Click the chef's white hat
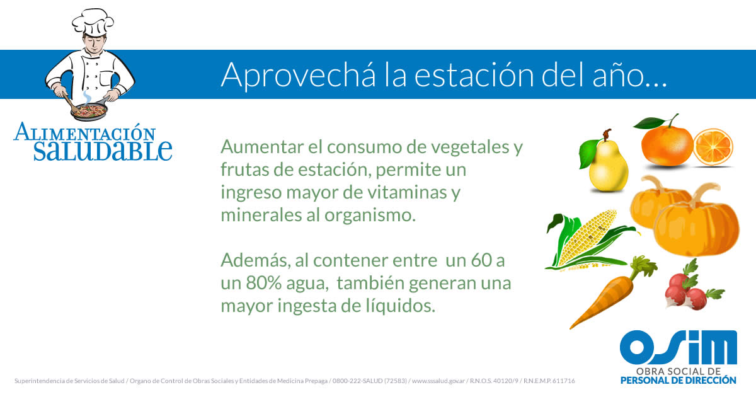93,21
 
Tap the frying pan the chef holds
90,111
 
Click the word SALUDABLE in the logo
103,151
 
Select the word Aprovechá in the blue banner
299,75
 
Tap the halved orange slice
713,147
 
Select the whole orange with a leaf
667,144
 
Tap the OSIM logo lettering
679,348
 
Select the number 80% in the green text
263,283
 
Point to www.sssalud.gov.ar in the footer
438,381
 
